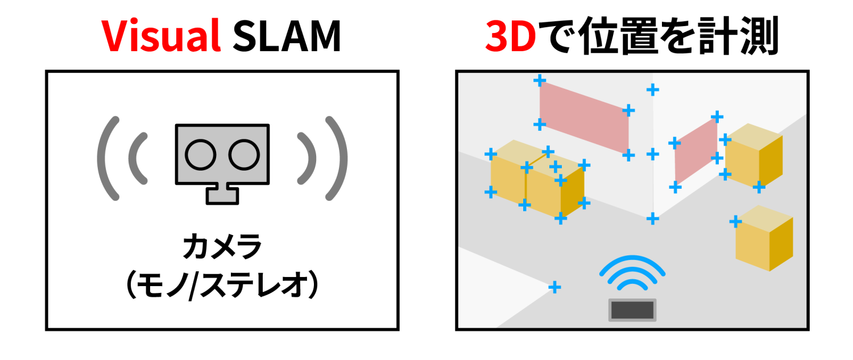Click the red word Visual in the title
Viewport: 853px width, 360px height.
pyautogui.click(x=161, y=36)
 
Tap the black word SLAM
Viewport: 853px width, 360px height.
pyautogui.click(x=287, y=36)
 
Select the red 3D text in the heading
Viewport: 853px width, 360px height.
pyautogui.click(x=511, y=36)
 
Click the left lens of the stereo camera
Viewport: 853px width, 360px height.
pyautogui.click(x=200, y=155)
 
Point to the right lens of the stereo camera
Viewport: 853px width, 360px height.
pyautogui.click(x=244, y=155)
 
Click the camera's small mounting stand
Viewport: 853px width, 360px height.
pyautogui.click(x=222, y=193)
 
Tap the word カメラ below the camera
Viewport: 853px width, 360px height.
pyautogui.click(x=222, y=246)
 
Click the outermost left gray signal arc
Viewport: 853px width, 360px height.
pyautogui.click(x=102, y=158)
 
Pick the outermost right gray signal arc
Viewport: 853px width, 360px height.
pyautogui.click(x=342, y=158)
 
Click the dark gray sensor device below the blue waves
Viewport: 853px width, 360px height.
pyautogui.click(x=632, y=310)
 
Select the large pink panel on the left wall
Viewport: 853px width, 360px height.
pyautogui.click(x=584, y=118)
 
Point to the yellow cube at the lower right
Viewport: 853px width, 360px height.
pyautogui.click(x=764, y=238)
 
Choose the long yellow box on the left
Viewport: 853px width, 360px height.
pyautogui.click(x=537, y=178)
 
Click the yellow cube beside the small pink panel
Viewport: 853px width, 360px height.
pyautogui.click(x=753, y=155)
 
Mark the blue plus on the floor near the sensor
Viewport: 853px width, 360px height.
pyautogui.click(x=554, y=287)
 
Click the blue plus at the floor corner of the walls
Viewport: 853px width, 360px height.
pyautogui.click(x=653, y=218)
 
